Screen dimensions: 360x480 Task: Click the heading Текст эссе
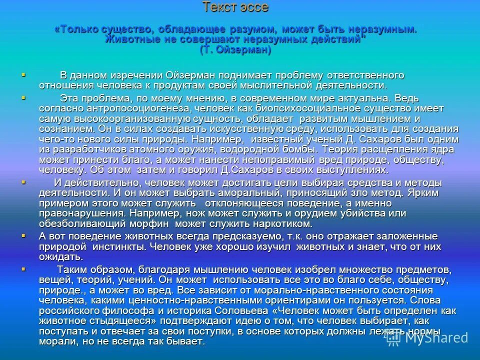point(235,7)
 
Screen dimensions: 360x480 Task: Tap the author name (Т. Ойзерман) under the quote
point(235,50)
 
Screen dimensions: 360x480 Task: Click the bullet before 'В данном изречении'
point(23,74)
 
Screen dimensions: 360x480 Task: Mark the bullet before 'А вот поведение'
point(23,235)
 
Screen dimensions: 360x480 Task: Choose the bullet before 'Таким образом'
point(23,268)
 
